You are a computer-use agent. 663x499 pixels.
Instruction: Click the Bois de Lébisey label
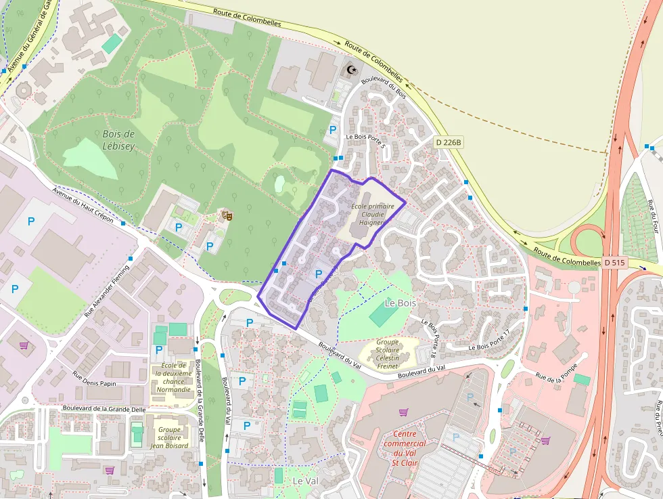click(x=119, y=139)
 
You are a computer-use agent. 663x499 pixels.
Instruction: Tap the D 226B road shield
click(x=449, y=143)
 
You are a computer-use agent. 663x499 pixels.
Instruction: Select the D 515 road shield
click(x=614, y=262)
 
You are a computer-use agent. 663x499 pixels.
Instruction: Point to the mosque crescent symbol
click(x=351, y=69)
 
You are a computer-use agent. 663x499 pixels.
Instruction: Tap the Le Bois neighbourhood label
click(x=400, y=303)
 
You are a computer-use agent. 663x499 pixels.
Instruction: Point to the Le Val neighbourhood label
click(x=305, y=480)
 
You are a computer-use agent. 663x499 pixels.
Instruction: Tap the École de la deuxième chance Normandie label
click(x=173, y=377)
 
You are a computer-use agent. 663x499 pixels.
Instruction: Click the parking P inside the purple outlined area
click(x=319, y=274)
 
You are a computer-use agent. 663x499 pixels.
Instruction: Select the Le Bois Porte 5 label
click(x=365, y=139)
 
